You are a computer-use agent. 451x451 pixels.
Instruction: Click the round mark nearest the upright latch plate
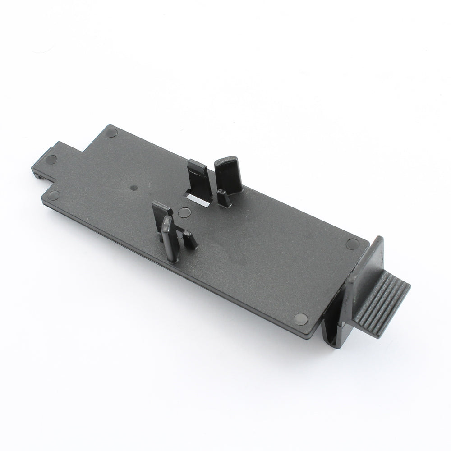click(351, 244)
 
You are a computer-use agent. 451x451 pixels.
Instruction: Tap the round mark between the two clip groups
click(184, 212)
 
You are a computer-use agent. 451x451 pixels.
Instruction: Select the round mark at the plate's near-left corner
click(55, 195)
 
